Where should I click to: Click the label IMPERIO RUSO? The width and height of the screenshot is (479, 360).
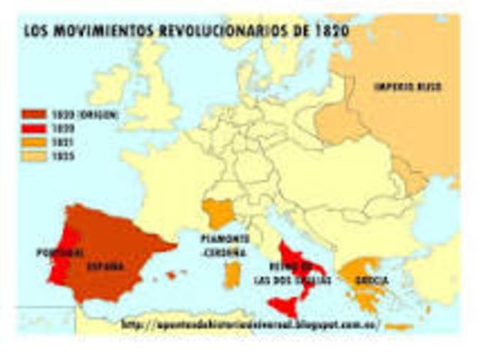coord(407,87)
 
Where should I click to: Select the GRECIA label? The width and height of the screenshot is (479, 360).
coord(373,281)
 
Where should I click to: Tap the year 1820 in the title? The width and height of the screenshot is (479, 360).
coord(331,32)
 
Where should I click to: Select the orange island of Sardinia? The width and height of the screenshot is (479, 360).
coord(234,273)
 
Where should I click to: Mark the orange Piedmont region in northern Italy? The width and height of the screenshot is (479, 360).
coord(221,213)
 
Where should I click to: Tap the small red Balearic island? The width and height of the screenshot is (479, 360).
coord(171,275)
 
